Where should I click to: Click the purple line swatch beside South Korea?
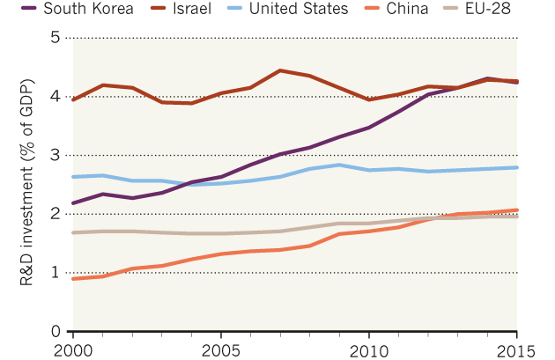24,11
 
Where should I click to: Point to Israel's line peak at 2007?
279,70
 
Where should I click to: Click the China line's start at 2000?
72,278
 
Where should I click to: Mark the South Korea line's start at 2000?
72,203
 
